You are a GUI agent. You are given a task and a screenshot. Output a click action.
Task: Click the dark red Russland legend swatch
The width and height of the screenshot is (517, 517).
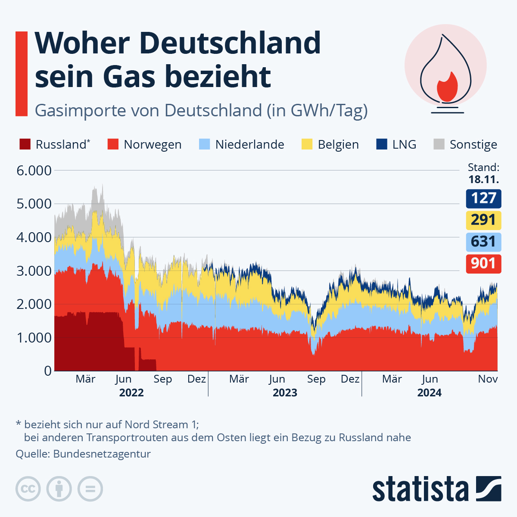(x=25, y=144)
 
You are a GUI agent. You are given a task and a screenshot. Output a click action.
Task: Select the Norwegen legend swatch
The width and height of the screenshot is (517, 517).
(x=113, y=144)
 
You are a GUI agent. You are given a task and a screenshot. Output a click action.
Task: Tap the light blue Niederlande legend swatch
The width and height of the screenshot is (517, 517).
(x=205, y=144)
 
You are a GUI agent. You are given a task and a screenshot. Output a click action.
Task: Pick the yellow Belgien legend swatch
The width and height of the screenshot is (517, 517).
(x=307, y=144)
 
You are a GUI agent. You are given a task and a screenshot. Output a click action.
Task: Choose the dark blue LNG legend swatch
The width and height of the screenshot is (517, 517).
(x=382, y=144)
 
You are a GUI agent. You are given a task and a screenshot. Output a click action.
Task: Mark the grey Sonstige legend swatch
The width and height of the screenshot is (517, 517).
(x=439, y=144)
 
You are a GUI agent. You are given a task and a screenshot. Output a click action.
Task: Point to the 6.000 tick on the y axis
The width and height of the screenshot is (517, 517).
(x=34, y=171)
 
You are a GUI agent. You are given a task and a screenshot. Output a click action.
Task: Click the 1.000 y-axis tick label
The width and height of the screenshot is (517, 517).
(x=34, y=338)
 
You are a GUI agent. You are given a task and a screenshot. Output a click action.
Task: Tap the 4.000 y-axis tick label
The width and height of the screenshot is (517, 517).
(x=34, y=237)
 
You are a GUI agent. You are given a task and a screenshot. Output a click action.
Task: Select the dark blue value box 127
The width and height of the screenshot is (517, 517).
(x=483, y=199)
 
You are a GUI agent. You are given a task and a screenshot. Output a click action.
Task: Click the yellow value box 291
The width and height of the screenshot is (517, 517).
(x=483, y=220)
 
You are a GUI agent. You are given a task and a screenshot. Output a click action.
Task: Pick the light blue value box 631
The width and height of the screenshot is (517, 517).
(x=483, y=242)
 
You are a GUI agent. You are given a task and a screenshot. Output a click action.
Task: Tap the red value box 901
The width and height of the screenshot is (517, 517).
(x=483, y=263)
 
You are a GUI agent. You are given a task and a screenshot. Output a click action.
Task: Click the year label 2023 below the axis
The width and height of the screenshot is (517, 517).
(x=285, y=393)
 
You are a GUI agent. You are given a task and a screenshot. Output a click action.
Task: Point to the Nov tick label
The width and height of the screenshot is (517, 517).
(x=488, y=379)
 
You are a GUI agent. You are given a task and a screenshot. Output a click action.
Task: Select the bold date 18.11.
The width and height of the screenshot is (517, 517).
(x=483, y=179)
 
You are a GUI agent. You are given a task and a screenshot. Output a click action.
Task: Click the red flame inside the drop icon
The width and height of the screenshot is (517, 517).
(x=447, y=87)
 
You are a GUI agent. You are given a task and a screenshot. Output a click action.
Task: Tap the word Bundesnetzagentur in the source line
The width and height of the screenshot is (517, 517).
(x=102, y=454)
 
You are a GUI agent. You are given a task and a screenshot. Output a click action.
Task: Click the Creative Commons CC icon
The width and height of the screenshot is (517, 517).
(x=28, y=489)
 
